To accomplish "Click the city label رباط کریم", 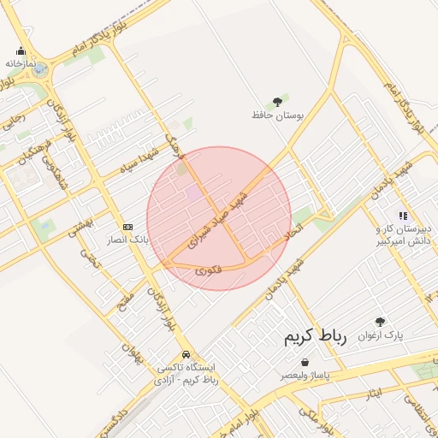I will [316, 338].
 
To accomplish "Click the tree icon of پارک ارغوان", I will [380, 322].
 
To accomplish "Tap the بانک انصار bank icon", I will [128, 227].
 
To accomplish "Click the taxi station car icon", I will [186, 354].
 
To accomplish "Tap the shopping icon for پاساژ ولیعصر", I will [305, 362].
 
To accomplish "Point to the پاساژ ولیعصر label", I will [305, 376].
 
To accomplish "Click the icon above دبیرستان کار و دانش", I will [402, 216].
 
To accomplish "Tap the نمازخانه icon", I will [21, 51].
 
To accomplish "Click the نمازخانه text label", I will [20, 64].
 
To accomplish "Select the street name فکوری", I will [208, 269].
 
